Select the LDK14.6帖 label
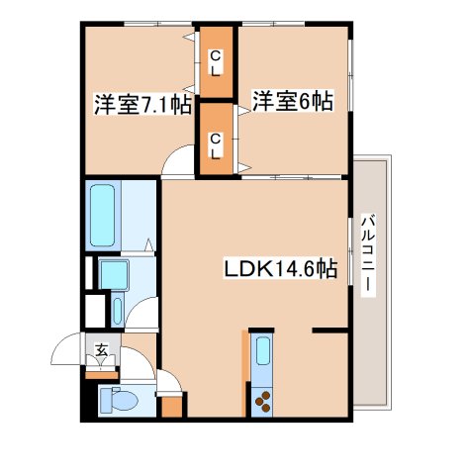(280, 269)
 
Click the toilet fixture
(122, 401)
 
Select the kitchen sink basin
(263, 351)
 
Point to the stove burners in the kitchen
(263, 401)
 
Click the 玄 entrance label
(102, 348)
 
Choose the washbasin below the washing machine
(118, 310)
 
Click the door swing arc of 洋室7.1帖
(178, 158)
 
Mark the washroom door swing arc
(143, 316)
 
